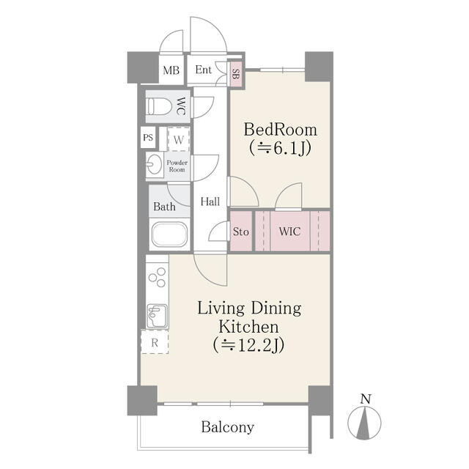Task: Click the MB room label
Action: [171, 70]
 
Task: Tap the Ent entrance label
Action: [204, 70]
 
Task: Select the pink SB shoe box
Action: [236, 74]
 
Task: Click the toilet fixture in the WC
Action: [158, 106]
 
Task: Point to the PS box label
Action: [148, 138]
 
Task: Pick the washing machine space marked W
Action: [179, 139]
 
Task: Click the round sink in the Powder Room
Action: [154, 164]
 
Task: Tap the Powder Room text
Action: [177, 166]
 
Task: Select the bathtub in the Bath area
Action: [169, 234]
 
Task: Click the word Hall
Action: [210, 202]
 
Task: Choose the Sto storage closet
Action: [241, 232]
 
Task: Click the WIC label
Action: [289, 232]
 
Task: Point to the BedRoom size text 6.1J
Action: [280, 148]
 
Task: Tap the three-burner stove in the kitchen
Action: [157, 278]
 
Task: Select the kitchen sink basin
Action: [157, 316]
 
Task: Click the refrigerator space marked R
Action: [155, 342]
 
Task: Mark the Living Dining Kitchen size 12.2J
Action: [248, 345]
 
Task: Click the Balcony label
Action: [228, 427]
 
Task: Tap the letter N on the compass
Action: [366, 399]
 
